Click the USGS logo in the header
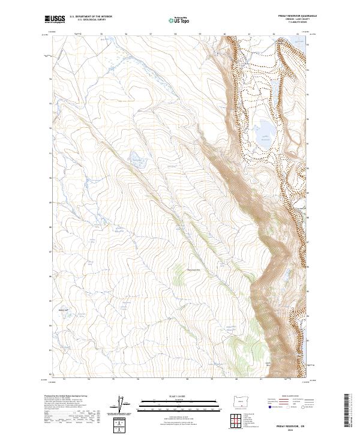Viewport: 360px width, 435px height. [53, 19]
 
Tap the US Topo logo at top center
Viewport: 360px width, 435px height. [179, 20]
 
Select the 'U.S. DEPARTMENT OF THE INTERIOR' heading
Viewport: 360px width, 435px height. [91, 17]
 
